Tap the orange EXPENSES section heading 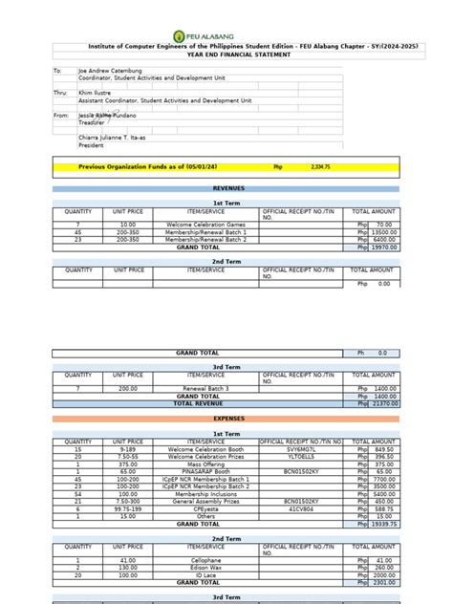pyautogui.click(x=227, y=418)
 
